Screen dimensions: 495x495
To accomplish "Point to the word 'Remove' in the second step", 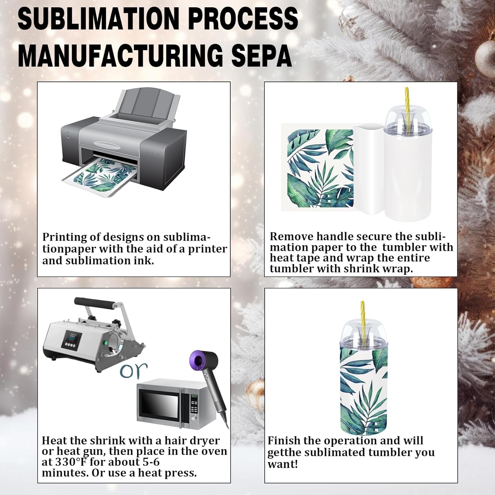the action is (x=292, y=236).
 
